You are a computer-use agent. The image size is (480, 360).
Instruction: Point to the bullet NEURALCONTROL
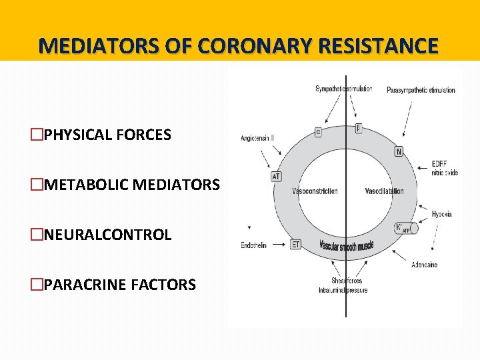click(107, 235)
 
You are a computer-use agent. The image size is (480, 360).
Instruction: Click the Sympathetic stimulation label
click(343, 89)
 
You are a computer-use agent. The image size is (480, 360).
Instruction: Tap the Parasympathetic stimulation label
click(421, 90)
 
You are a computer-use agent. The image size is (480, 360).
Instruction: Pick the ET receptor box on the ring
click(297, 245)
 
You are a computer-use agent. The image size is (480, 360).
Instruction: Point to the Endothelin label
click(253, 245)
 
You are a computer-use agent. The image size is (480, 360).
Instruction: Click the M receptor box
click(399, 151)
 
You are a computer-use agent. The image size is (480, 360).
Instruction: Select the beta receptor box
click(359, 127)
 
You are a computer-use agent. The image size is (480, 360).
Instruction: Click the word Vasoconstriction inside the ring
click(315, 191)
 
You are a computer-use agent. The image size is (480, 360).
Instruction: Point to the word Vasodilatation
click(384, 191)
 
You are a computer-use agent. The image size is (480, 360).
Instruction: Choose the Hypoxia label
click(441, 214)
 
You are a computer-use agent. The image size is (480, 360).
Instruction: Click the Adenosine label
click(425, 265)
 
